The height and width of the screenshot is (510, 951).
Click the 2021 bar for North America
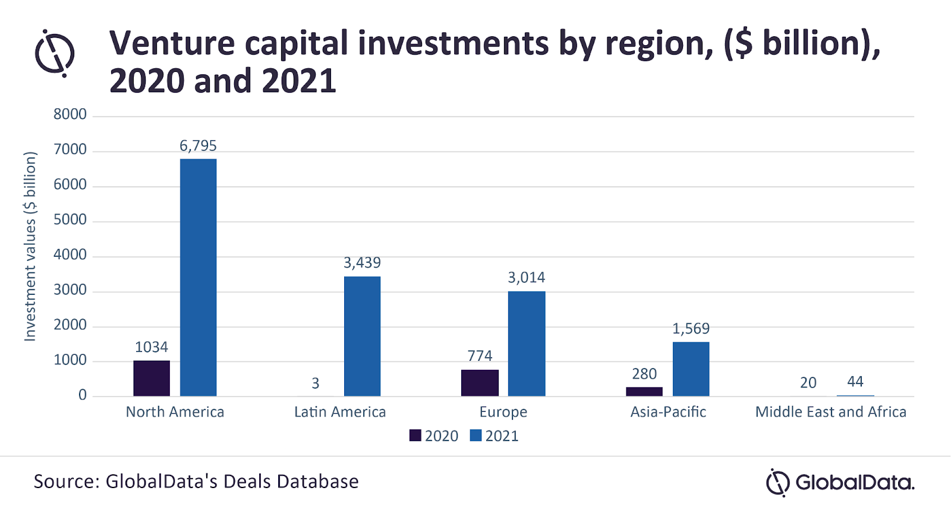[199, 277]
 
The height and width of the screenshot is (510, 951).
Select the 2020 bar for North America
[152, 378]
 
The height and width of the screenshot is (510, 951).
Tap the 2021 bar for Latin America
[362, 336]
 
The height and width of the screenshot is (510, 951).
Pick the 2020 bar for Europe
[480, 383]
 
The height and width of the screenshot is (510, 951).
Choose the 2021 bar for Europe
[527, 344]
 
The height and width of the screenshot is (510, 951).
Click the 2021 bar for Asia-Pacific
[691, 369]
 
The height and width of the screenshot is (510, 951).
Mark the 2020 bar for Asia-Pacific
[644, 392]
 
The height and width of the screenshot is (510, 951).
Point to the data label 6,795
[199, 146]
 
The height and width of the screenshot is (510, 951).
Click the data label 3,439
[362, 263]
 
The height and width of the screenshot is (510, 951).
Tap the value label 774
[480, 356]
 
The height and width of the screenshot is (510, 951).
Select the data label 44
[855, 382]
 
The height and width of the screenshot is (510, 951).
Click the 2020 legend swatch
[415, 436]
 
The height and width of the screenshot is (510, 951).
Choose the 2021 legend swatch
[475, 436]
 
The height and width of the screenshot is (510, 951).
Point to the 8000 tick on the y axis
[70, 114]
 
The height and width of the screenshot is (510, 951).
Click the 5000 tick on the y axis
[70, 219]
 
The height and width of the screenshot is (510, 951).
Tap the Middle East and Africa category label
[830, 412]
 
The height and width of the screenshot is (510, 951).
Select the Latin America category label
[340, 412]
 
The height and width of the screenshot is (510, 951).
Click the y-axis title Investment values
[30, 247]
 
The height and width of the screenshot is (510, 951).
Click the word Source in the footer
[66, 481]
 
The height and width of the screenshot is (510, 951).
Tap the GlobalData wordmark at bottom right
[854, 482]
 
